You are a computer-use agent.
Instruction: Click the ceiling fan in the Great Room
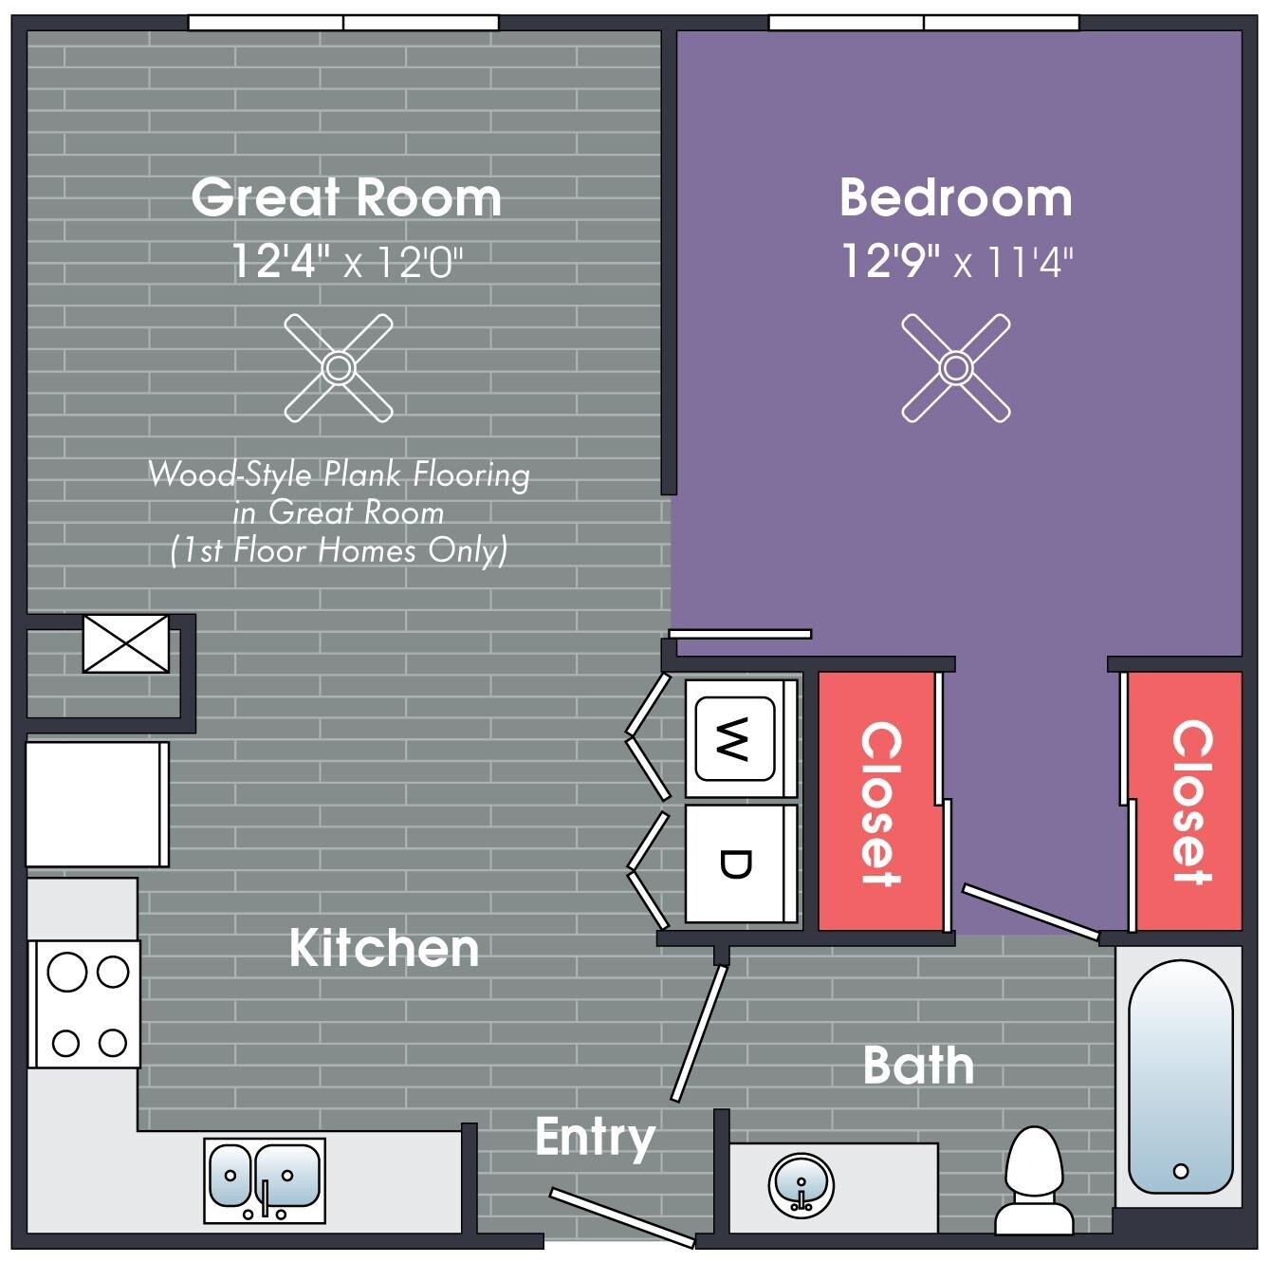click(339, 367)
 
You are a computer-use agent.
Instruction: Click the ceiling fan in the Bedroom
click(955, 367)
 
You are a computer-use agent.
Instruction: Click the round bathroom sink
click(801, 1183)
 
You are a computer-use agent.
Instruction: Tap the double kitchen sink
click(265, 1179)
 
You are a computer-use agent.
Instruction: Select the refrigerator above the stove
click(96, 804)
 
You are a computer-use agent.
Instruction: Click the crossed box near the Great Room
click(126, 643)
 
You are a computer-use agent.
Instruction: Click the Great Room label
click(346, 197)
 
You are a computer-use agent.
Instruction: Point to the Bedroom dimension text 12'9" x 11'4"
click(956, 261)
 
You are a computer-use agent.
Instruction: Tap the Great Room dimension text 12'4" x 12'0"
click(347, 261)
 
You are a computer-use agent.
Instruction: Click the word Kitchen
click(384, 948)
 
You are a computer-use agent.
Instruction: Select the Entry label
click(595, 1136)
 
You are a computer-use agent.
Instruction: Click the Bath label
click(918, 1066)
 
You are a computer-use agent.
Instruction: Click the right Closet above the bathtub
click(1189, 803)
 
